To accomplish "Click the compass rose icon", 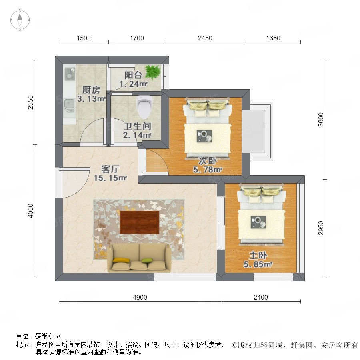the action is click(20, 20).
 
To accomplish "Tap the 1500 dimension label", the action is click(84, 38).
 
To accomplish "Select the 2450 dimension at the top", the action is click(205, 38).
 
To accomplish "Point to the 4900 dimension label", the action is click(140, 297).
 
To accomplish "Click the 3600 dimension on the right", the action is click(321, 119).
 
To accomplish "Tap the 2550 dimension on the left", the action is click(30, 102).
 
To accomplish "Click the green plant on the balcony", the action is click(152, 72).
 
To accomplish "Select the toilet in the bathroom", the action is click(145, 106).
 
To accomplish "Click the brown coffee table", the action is click(139, 222).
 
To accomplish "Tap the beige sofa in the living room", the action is click(139, 258).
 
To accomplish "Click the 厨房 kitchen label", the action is click(91, 90).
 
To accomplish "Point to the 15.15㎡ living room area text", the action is click(110, 178).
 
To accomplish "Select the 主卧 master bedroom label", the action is click(258, 255).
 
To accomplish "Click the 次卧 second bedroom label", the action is click(208, 160).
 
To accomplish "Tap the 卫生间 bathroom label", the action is click(137, 126).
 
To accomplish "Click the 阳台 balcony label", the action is click(133, 75).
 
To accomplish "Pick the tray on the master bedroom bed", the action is click(258, 222).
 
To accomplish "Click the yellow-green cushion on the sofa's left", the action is click(122, 260).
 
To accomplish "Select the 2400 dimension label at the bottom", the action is click(260, 297).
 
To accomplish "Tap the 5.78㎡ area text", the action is click(208, 170).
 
